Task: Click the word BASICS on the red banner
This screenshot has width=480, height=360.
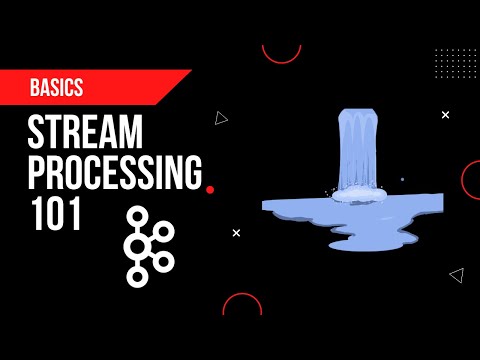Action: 56,88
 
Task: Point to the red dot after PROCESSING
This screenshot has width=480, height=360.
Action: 209,189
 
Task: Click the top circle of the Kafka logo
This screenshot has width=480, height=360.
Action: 136,215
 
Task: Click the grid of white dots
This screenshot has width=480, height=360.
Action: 457,69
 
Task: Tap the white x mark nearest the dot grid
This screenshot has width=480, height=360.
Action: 446,115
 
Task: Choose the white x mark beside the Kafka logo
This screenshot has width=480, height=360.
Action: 236,233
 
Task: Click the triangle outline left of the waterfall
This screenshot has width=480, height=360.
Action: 221,118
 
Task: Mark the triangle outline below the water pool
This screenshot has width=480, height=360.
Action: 457,273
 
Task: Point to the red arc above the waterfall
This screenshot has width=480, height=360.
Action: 281,53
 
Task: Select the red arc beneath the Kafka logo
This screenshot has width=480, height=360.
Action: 242,305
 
